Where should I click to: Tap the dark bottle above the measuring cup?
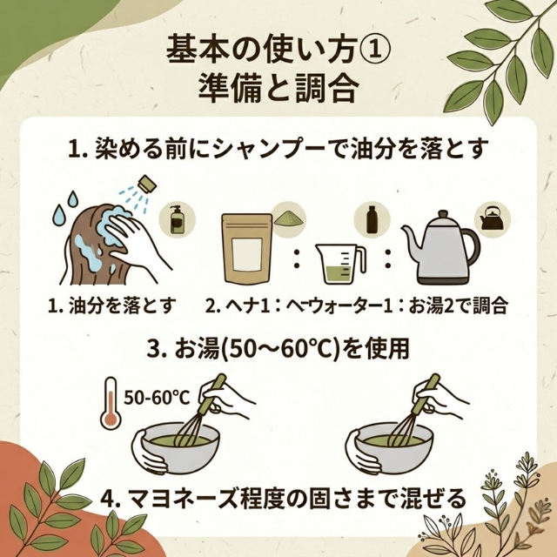tap(371, 219)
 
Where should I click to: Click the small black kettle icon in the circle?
tap(492, 218)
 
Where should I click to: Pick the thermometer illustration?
tap(111, 404)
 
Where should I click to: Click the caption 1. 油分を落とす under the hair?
tap(111, 305)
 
